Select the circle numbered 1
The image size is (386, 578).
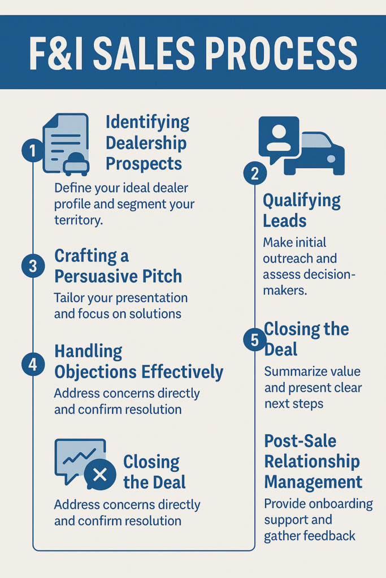33,151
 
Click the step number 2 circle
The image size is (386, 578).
255,174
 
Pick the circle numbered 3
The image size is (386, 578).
33,266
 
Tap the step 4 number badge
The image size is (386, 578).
33,364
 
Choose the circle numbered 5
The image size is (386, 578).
255,340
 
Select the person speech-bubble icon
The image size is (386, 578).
278,138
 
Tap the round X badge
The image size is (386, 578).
100,474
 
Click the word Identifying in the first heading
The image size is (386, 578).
148,122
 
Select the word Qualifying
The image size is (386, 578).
302,200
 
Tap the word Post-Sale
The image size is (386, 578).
300,441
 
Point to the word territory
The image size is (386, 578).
79,220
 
